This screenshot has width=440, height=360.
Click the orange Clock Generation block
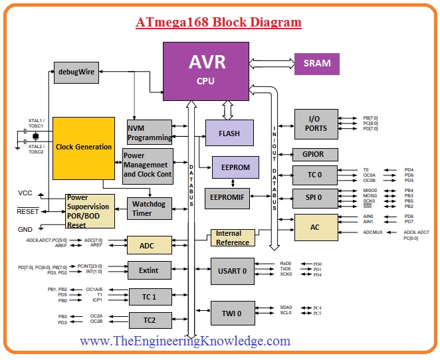[x=84, y=147]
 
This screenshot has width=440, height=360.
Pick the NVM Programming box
[x=150, y=133]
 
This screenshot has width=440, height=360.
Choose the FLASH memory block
[x=229, y=133]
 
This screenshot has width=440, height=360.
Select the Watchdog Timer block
[x=150, y=208]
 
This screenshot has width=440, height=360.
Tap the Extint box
[x=150, y=270]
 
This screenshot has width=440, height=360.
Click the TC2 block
[x=150, y=320]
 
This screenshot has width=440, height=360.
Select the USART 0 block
[x=231, y=270]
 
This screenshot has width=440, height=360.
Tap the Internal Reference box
[x=233, y=238]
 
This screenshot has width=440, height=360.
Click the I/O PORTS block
[x=316, y=124]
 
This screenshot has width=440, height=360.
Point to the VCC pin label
[x=25, y=193]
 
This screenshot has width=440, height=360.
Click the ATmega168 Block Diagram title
[x=219, y=23]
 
